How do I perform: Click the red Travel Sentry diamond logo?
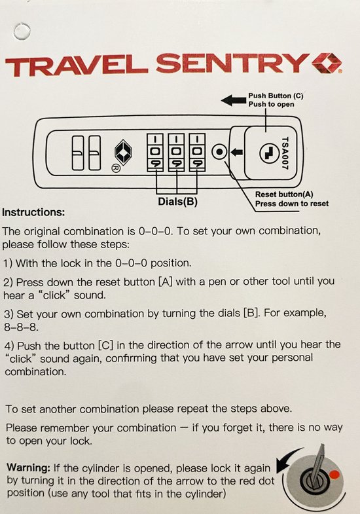[x=326, y=62]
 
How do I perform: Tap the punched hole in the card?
[x=22, y=32]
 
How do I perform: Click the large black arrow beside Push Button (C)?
[x=233, y=100]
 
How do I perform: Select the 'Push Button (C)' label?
[x=276, y=96]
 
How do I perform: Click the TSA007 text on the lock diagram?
[x=284, y=153]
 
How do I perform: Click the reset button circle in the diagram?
[x=219, y=152]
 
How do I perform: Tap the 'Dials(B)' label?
[x=178, y=201]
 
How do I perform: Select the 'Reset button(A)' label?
[x=284, y=194]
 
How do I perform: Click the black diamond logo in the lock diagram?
[x=123, y=152]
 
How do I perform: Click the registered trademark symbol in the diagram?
[x=116, y=168]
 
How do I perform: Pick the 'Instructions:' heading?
[x=33, y=212]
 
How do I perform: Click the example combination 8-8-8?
[x=21, y=327]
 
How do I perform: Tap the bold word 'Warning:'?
[x=28, y=467]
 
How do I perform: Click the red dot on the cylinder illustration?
[x=334, y=474]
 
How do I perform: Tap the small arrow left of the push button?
[x=237, y=152]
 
